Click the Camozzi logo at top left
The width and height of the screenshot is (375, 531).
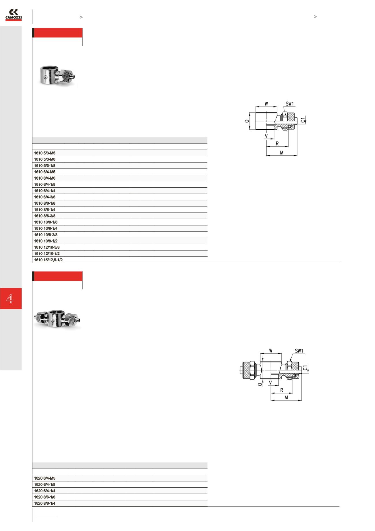(14, 15)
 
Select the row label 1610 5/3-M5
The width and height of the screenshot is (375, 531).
(45, 153)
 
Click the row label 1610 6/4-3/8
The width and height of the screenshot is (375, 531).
(45, 197)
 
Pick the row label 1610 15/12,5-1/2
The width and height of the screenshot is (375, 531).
(48, 260)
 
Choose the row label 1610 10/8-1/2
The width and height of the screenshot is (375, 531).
(46, 241)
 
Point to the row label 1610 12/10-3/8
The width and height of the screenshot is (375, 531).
(47, 247)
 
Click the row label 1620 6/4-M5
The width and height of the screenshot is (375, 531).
(45, 478)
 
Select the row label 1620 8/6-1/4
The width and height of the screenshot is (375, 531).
(45, 504)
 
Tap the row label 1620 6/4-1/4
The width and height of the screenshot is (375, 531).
(45, 491)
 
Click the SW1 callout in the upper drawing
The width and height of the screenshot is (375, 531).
(290, 104)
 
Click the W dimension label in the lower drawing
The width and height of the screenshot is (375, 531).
(271, 351)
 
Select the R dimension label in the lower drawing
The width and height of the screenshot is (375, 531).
(282, 390)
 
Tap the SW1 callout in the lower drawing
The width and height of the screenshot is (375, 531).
(299, 351)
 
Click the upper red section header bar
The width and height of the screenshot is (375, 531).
(57, 33)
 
